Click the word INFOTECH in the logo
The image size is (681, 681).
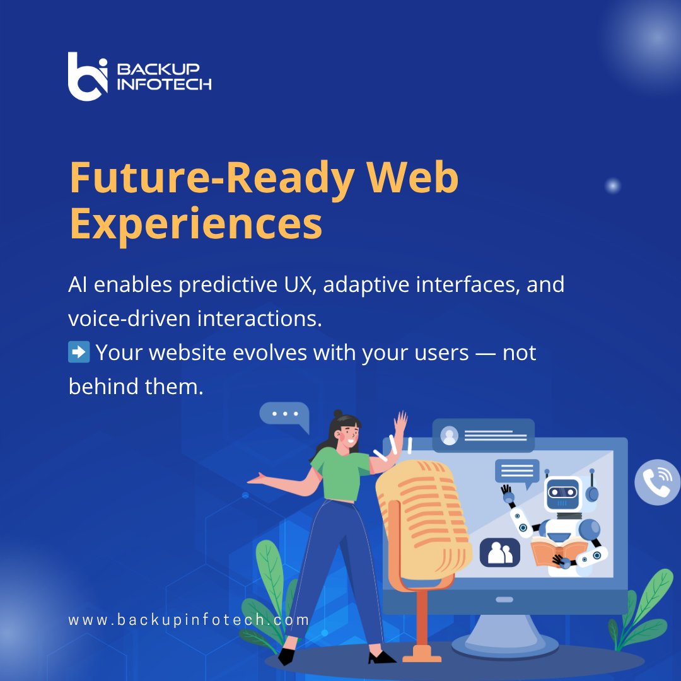click(164, 84)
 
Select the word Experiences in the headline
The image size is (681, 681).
click(195, 224)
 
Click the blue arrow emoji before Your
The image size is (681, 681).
click(78, 352)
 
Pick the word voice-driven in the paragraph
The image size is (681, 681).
click(130, 319)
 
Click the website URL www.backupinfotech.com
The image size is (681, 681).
click(189, 619)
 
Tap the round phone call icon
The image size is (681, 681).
click(657, 482)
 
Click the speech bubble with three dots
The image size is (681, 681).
click(285, 416)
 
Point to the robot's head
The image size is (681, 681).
click(562, 492)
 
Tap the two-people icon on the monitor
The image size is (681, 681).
click(500, 552)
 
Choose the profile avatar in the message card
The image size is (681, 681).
click(450, 435)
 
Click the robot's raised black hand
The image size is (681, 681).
click(506, 489)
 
